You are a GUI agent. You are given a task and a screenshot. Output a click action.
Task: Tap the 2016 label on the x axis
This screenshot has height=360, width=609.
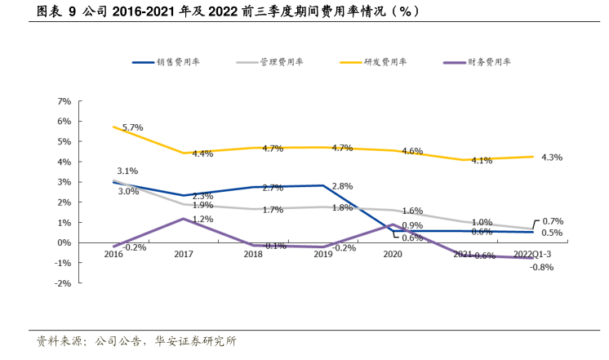click(x=113, y=255)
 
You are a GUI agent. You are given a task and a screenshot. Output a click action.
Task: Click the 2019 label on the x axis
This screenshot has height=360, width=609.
click(x=322, y=255)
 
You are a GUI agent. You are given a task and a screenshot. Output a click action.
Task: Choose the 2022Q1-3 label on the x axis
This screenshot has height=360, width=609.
click(x=532, y=255)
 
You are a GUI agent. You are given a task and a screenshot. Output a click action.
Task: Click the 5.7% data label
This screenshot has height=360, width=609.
click(x=132, y=127)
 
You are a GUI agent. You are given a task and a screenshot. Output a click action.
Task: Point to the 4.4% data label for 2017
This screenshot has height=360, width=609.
click(x=202, y=153)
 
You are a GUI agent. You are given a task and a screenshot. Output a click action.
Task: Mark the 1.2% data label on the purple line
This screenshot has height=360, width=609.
click(x=202, y=219)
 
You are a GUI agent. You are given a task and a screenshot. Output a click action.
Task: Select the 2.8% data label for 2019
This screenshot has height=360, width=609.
click(x=342, y=186)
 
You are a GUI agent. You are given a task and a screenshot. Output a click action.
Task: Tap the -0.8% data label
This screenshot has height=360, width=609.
click(x=541, y=267)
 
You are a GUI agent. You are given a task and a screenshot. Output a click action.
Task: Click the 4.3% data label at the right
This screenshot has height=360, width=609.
click(x=552, y=157)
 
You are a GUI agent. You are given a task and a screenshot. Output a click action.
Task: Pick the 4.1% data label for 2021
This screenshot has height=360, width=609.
click(x=482, y=161)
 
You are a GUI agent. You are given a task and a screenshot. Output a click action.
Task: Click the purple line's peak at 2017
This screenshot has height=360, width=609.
click(x=184, y=219)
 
